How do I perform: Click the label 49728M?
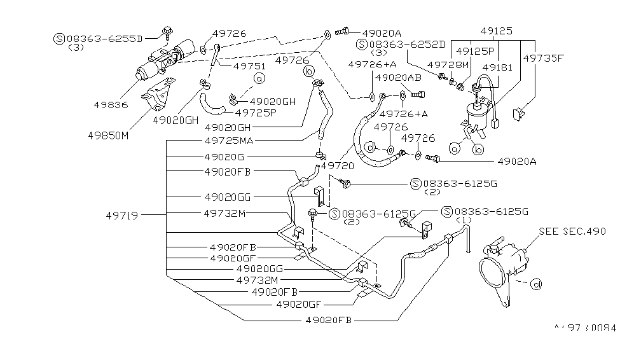(448, 66)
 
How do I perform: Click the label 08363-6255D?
(105, 38)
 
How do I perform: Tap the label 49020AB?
(394, 78)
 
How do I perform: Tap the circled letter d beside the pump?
(536, 284)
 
